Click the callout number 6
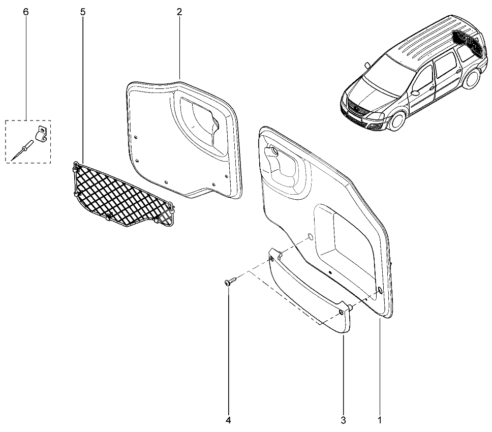[26, 12]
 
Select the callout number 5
[83, 12]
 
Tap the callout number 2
[179, 12]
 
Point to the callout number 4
[228, 420]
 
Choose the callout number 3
[343, 420]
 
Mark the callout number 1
[379, 420]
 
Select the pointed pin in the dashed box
[22, 151]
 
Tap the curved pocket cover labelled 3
[309, 292]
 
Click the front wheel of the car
[397, 120]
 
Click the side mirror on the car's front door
[415, 93]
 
